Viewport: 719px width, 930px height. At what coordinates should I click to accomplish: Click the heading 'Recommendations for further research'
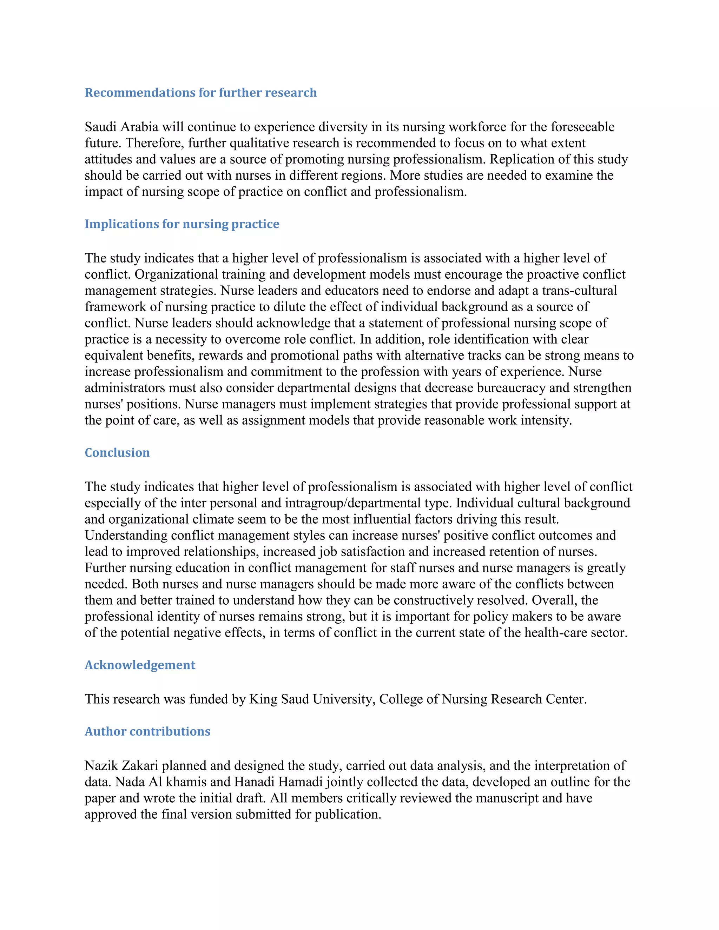(200, 93)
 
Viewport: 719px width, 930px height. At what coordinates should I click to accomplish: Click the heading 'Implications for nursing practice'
(182, 224)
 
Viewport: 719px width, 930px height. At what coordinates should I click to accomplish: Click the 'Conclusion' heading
(117, 453)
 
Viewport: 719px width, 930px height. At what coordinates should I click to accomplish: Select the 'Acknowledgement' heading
(140, 665)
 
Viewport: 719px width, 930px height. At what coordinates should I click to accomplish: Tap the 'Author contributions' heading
(147, 732)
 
